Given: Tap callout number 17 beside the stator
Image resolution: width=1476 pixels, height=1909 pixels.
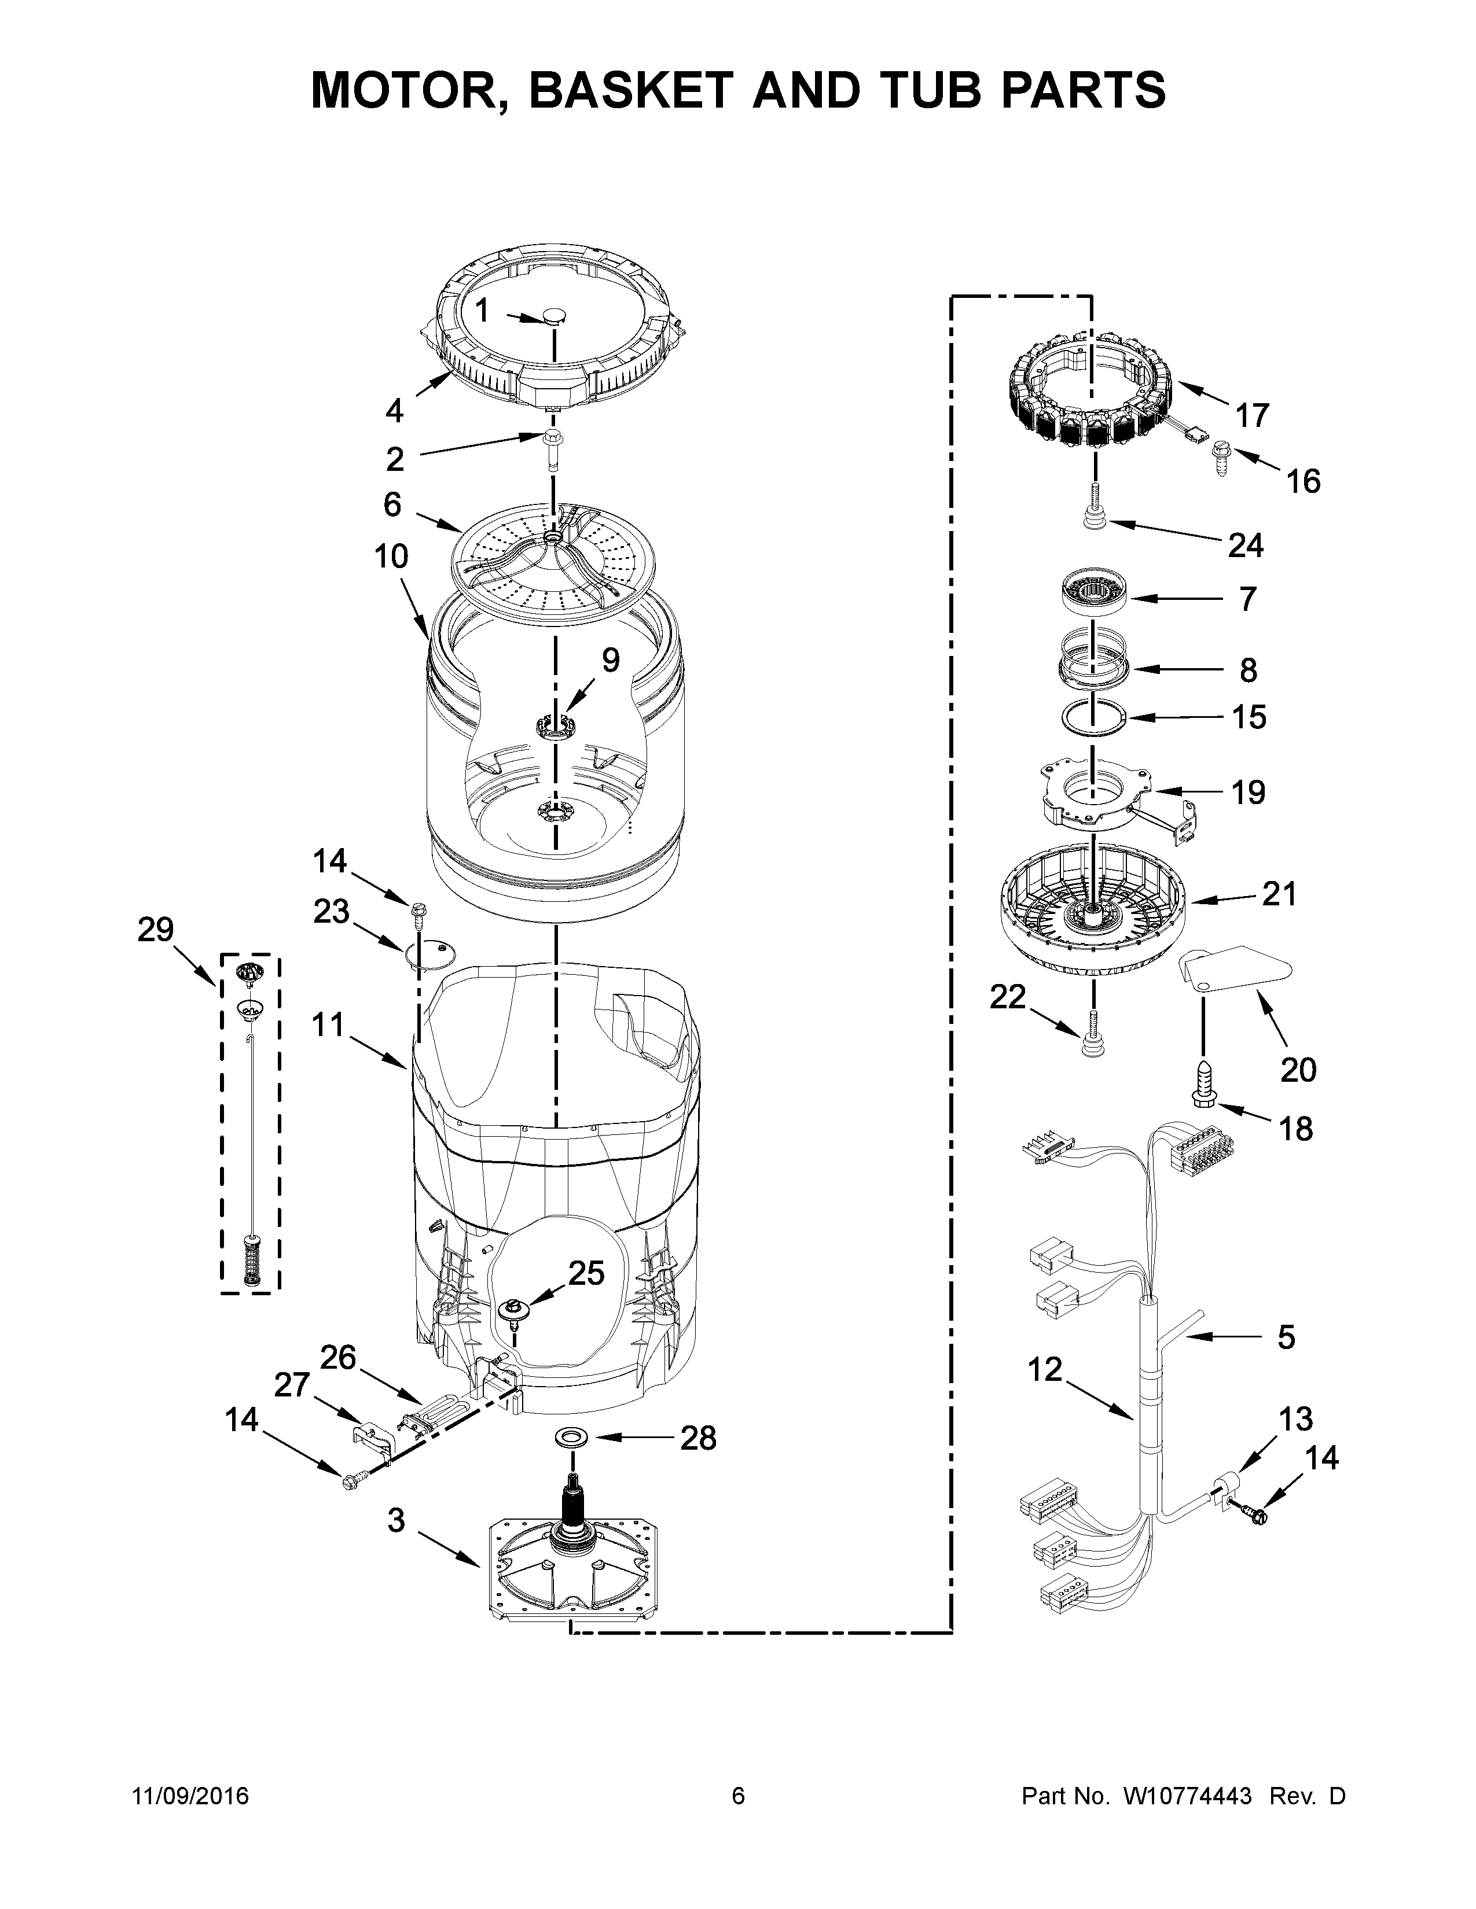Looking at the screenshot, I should (x=1251, y=415).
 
